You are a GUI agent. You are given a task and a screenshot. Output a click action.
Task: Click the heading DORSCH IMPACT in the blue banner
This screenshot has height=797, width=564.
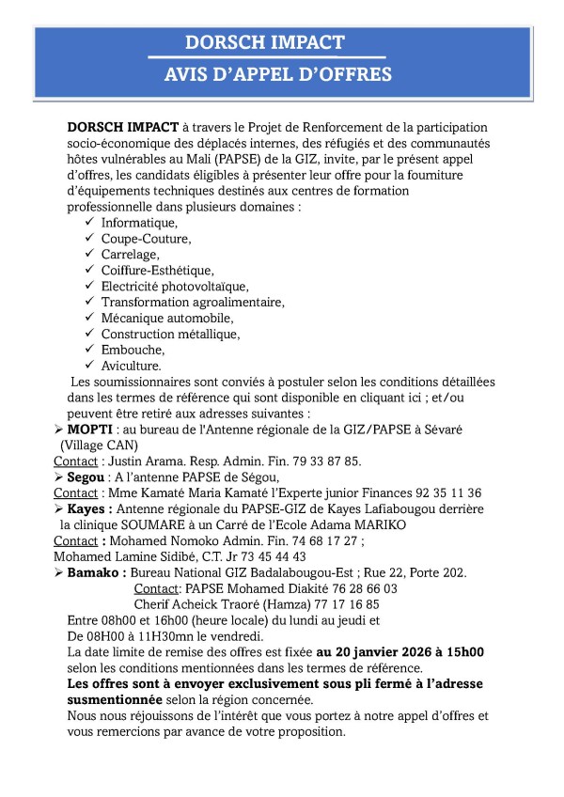point(264,42)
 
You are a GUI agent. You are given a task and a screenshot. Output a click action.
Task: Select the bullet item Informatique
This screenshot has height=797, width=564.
point(139,223)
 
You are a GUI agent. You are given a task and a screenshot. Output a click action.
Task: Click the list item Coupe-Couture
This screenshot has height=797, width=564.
point(146,239)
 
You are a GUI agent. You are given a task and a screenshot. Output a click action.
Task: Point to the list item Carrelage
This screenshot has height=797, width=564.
point(130,255)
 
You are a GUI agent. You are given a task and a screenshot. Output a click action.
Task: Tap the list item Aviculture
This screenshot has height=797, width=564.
point(131,366)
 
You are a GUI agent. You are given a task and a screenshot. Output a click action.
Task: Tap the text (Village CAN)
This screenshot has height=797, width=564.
point(98,445)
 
